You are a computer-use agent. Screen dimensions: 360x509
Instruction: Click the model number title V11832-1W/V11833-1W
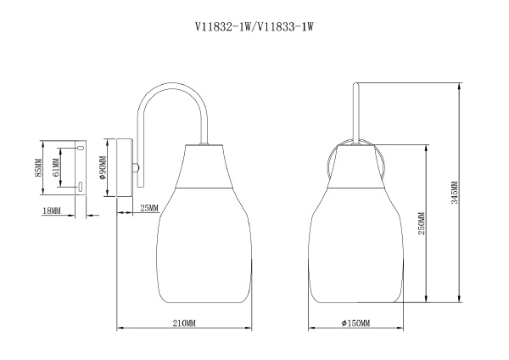coord(255,28)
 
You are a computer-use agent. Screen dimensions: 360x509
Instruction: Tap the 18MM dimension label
coord(51,210)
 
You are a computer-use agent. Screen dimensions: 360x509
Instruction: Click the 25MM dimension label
coord(148,209)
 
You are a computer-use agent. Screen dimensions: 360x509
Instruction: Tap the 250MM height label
coord(422,223)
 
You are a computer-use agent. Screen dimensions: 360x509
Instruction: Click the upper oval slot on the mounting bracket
coord(80,149)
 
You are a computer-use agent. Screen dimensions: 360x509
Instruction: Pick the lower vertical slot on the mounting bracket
coord(79,186)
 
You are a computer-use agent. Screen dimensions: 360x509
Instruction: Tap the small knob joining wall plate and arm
coord(136,167)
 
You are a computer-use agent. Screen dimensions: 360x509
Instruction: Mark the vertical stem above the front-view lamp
coord(356,110)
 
